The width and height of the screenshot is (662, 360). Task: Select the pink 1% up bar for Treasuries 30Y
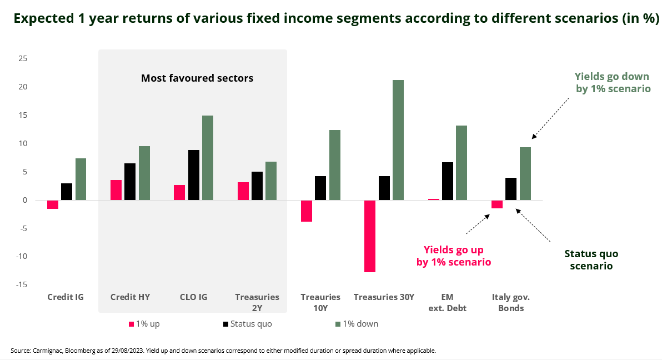coord(370,236)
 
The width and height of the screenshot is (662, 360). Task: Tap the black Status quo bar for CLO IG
coord(193,175)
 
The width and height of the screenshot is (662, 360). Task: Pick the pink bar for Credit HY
coord(116,190)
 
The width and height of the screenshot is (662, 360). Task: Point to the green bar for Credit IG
coord(81,179)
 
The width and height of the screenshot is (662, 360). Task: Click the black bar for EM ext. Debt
coord(448,181)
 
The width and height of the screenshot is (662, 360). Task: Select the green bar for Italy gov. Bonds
coord(525,173)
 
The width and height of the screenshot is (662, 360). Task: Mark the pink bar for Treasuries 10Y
coord(307,211)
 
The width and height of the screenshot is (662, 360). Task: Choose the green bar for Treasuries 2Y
coord(271,181)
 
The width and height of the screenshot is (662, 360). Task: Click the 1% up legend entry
coord(144,324)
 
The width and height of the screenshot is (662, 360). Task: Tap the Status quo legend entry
coord(248,324)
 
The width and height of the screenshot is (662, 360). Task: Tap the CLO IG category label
coord(194,297)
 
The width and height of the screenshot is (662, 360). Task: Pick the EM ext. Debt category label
coord(448,303)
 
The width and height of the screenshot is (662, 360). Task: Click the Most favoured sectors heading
coord(197,78)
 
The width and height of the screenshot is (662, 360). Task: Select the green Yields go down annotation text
coord(612,82)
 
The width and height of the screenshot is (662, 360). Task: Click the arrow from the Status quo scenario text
coord(533,225)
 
